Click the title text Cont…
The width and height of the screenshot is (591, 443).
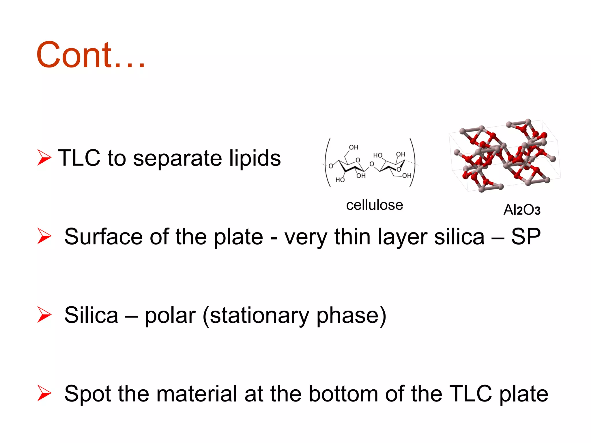pyautogui.click(x=90, y=55)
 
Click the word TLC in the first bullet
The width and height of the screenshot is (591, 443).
pyautogui.click(x=79, y=158)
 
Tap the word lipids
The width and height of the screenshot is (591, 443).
pyautogui.click(x=255, y=158)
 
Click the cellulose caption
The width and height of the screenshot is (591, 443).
pyautogui.click(x=374, y=205)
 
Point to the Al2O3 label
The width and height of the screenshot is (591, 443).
pyautogui.click(x=521, y=210)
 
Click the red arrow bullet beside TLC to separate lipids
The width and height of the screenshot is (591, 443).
pyautogui.click(x=44, y=157)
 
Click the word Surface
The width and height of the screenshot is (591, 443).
pyautogui.click(x=103, y=236)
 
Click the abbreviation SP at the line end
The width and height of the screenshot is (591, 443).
pyautogui.click(x=525, y=236)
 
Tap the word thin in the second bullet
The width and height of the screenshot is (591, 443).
pyautogui.click(x=352, y=236)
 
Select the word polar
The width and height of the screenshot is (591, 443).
pyautogui.click(x=170, y=315)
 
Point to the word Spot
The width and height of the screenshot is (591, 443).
pyautogui.click(x=87, y=394)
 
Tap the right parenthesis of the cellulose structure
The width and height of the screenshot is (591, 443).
pyautogui.click(x=413, y=162)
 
